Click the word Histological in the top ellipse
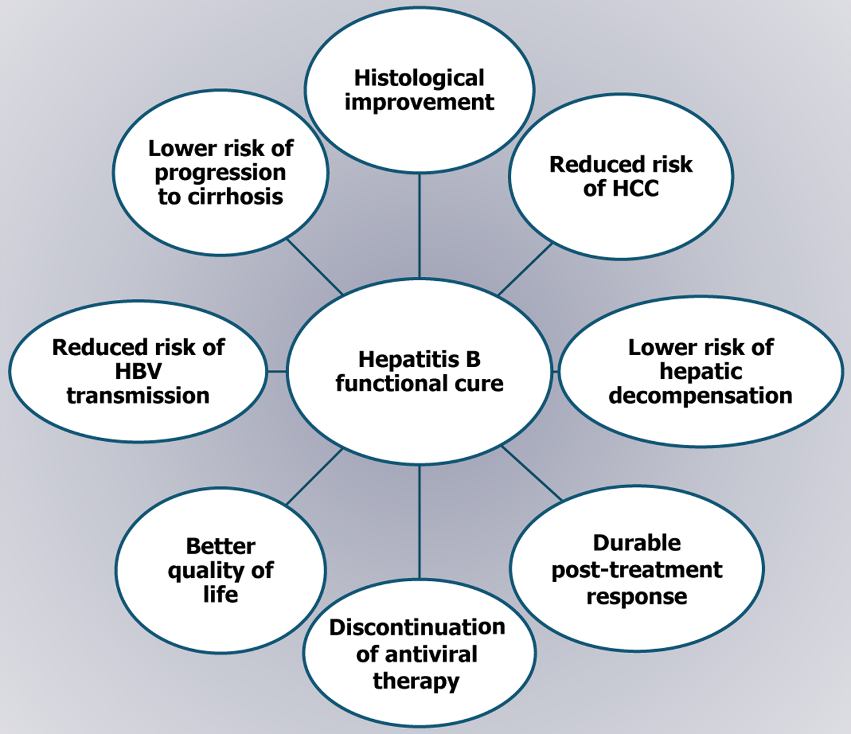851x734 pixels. pos(419,78)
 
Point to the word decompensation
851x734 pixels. pos(700,396)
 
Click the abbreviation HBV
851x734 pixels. pos(138,372)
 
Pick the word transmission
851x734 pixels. pos(138,396)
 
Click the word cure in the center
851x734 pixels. pos(479,384)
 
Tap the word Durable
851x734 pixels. pos(637,543)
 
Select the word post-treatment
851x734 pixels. pos(637,570)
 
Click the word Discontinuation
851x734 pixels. pos(417,628)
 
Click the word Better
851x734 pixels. pos(220,546)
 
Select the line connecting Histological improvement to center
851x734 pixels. pos(419,226)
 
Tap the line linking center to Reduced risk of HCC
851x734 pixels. pos(525,269)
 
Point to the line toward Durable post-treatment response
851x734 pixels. pos(531,473)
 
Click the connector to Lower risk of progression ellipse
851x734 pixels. pos(315,266)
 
